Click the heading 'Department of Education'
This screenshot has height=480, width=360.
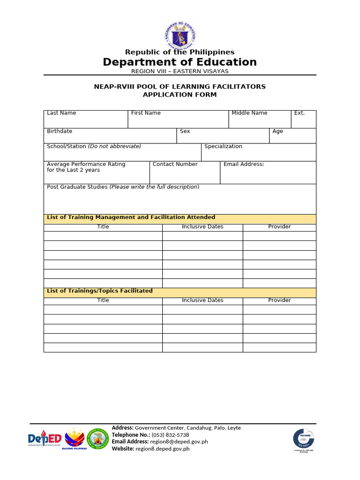pyautogui.click(x=180, y=62)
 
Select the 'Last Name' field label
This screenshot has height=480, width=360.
pyautogui.click(x=61, y=113)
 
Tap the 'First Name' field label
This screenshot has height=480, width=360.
pyautogui.click(x=146, y=113)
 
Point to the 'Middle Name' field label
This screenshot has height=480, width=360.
pyautogui.click(x=249, y=113)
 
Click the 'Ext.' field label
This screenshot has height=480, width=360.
pyautogui.click(x=300, y=113)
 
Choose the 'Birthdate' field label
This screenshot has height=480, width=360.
pyautogui.click(x=60, y=131)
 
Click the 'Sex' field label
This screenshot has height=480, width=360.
pyautogui.click(x=185, y=131)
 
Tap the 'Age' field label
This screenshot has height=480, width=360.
pyautogui.click(x=278, y=131)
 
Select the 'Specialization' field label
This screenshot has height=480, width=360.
pyautogui.click(x=223, y=146)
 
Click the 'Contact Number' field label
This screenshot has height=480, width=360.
pyautogui.click(x=175, y=164)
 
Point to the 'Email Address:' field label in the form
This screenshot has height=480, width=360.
pyautogui.click(x=244, y=164)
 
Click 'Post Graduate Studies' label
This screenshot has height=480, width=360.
pyautogui.click(x=77, y=187)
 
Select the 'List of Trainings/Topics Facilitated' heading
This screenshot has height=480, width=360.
pyautogui.click(x=100, y=291)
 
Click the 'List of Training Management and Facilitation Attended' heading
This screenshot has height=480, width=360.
pyautogui.click(x=131, y=217)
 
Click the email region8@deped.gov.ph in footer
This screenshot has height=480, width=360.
pyautogui.click(x=179, y=442)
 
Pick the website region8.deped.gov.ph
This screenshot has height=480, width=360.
pyautogui.click(x=162, y=449)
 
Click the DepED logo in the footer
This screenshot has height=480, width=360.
pyautogui.click(x=45, y=439)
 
